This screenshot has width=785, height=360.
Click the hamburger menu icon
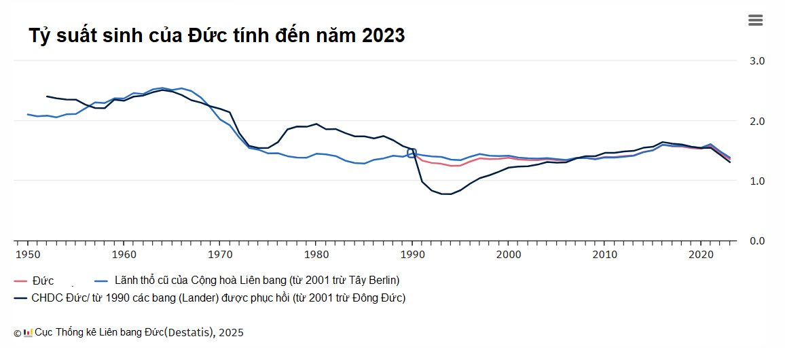coord(755,20)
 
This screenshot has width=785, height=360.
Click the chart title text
coord(217,35)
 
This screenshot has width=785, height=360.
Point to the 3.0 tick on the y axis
coord(756,60)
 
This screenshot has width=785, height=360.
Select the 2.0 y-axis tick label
coord(756,121)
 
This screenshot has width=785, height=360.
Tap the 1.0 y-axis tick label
coord(756,181)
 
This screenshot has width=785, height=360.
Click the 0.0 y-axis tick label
coord(756,240)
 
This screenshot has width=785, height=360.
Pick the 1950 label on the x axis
coord(27,255)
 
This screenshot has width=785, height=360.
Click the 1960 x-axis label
coord(124,255)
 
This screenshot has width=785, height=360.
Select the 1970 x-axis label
coord(219,255)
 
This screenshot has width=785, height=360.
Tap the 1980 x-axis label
coord(316,255)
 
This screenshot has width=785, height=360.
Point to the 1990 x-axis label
coord(412,255)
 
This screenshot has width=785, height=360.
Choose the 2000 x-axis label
coord(508,255)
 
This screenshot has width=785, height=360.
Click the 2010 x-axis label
coord(604,255)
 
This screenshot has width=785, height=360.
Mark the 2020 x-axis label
coord(700,255)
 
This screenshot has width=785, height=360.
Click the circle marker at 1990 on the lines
coord(412,152)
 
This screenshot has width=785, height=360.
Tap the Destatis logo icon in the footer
coord(28,332)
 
